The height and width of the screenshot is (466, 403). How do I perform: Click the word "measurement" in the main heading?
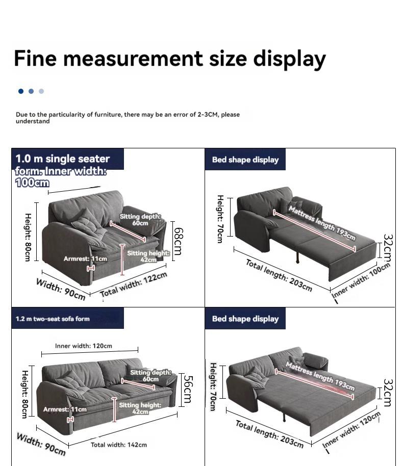tap(134, 59)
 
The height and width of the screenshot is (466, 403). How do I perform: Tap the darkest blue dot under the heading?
tap(21, 91)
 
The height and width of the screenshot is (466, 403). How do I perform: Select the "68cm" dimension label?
tap(179, 241)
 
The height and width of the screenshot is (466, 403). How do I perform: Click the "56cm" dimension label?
tap(188, 390)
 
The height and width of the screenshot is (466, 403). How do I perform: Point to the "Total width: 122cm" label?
tap(133, 284)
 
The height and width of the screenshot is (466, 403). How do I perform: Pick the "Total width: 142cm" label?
tap(119, 445)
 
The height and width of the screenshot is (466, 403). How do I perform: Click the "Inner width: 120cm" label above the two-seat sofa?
tap(84, 346)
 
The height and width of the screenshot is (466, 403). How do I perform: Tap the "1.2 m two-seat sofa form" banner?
tap(53, 319)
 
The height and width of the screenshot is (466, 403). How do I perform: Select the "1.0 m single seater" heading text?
tap(63, 159)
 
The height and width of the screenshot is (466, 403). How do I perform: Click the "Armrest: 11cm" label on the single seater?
tap(85, 259)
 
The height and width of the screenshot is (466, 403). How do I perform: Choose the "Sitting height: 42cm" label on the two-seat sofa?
tap(140, 408)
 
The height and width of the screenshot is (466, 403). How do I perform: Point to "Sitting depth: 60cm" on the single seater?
tap(140, 220)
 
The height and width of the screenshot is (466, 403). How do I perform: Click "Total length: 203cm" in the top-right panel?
tap(279, 275)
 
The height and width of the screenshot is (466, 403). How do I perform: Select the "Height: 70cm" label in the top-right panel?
tap(220, 219)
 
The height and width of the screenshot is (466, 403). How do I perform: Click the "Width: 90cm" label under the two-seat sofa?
tap(41, 444)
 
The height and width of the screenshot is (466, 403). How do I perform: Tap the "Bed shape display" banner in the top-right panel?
tap(245, 160)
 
